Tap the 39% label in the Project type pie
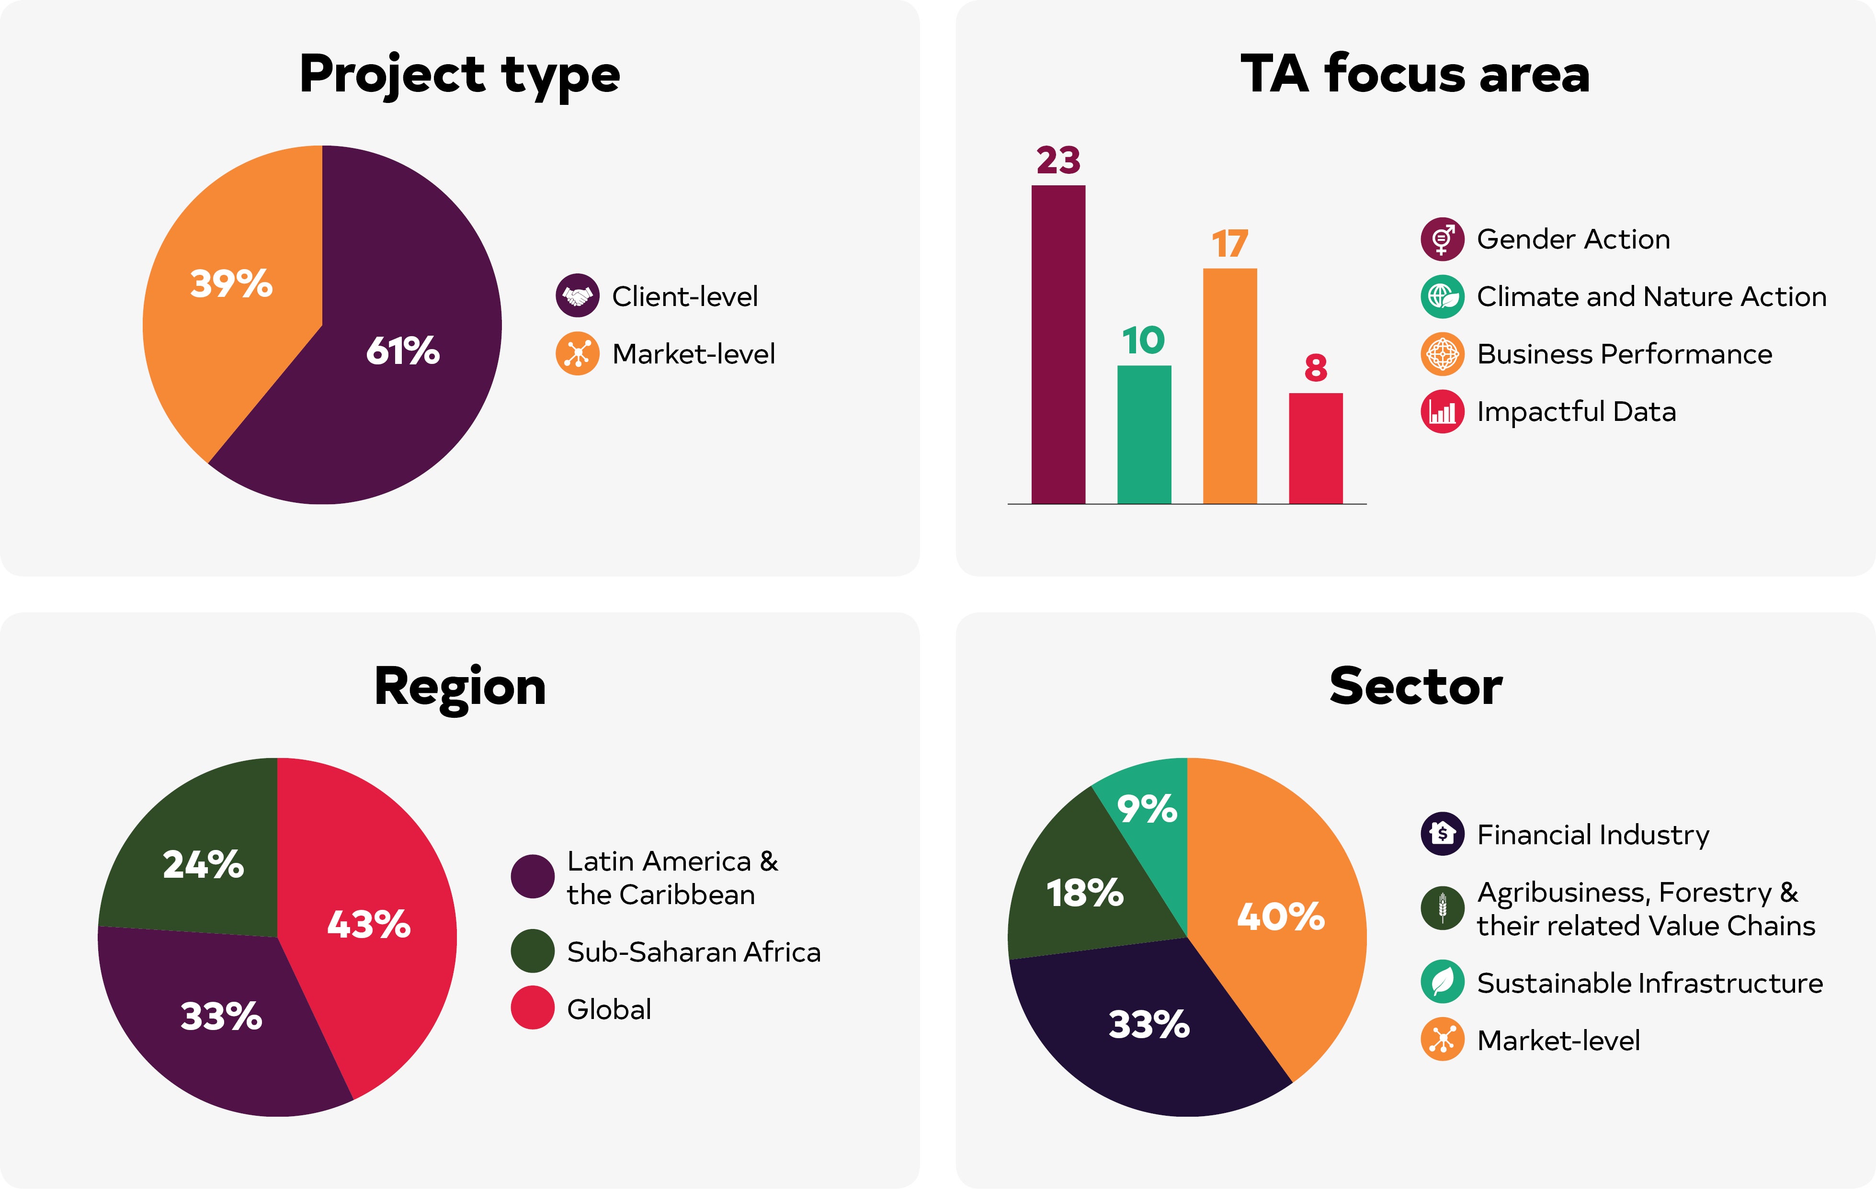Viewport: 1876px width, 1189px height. coord(231,283)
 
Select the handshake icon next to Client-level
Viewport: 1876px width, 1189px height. coord(577,296)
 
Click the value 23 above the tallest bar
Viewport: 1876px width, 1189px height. coord(1058,160)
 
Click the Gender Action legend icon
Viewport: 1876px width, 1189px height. coord(1442,239)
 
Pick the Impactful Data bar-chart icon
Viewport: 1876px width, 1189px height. coord(1442,411)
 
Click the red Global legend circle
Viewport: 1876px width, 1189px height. coord(532,1008)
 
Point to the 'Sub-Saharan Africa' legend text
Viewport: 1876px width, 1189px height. coord(694,951)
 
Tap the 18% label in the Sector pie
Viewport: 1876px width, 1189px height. coord(1084,893)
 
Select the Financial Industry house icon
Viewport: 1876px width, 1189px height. coord(1442,834)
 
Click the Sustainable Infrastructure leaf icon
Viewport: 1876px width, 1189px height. coord(1442,982)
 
